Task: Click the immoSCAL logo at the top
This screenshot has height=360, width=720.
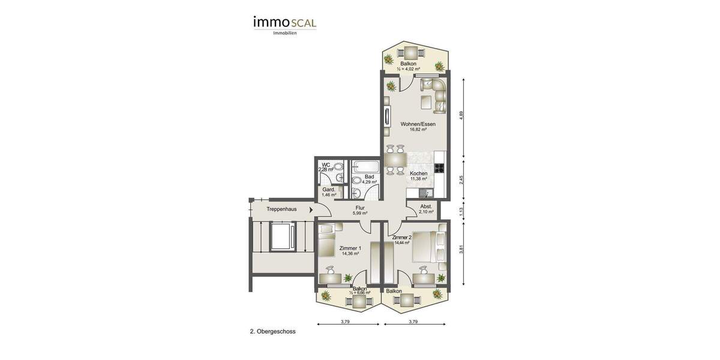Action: (284, 23)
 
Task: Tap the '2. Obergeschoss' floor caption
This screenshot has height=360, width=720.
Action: (272, 331)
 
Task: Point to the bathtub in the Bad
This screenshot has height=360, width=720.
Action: (364, 166)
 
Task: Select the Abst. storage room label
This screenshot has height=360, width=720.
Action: (426, 206)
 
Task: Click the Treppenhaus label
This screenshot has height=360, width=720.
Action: (281, 209)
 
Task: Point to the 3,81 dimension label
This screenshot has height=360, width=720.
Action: (461, 250)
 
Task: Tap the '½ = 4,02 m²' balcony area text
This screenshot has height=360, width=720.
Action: (408, 69)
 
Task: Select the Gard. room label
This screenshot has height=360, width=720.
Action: (329, 190)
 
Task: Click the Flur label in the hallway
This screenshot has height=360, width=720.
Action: (360, 208)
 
